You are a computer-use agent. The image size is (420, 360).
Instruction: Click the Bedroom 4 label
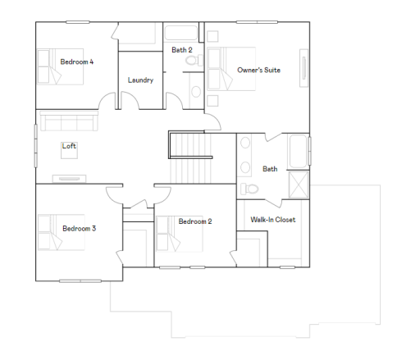tap(76, 62)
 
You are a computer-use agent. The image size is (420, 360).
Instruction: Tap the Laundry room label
tap(141, 80)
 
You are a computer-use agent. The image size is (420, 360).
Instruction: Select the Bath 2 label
tap(181, 50)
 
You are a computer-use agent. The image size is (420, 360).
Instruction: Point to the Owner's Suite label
tap(258, 71)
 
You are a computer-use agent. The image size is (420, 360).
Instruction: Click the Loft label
tap(69, 147)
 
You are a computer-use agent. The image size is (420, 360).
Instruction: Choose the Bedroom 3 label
tap(79, 228)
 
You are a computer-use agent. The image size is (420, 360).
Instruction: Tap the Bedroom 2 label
tap(195, 221)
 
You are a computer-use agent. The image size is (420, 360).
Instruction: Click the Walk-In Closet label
tap(273, 220)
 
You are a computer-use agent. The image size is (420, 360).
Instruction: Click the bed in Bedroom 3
tap(50, 231)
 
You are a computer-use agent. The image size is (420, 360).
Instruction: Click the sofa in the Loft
tap(69, 123)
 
